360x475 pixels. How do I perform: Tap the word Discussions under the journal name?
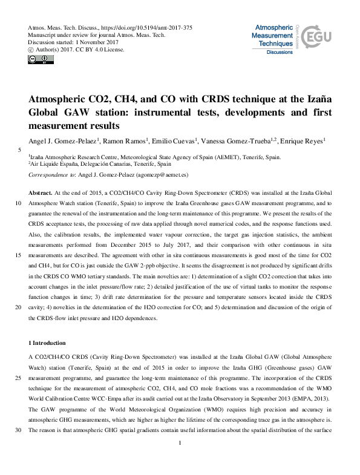point(280,53)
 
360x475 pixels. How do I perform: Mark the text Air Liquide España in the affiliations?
point(57,163)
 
